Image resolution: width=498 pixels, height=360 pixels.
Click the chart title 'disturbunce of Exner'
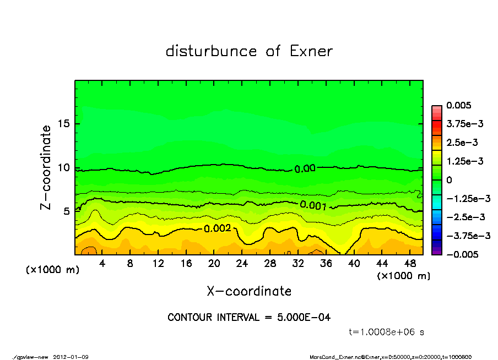[249, 52]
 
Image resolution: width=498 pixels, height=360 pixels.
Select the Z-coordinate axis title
[46, 167]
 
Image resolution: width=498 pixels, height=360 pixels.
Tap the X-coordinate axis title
[249, 291]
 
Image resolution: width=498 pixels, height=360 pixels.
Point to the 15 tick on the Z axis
[64, 124]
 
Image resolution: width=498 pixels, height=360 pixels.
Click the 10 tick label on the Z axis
[64, 167]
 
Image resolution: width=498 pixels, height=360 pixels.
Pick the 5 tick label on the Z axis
[67, 211]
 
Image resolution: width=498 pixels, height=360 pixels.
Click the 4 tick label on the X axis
[102, 264]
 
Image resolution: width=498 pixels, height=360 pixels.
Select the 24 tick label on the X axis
[242, 264]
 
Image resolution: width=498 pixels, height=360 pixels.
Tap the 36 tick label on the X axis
[326, 264]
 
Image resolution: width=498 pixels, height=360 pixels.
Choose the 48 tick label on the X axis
[410, 264]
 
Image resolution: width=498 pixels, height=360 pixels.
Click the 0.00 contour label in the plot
[305, 169]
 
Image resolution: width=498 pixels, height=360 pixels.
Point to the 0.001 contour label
[313, 206]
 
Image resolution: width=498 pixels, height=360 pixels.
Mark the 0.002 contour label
[218, 228]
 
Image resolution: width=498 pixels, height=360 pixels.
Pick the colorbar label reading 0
[449, 180]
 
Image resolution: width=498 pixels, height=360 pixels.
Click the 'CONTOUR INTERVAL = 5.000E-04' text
[249, 317]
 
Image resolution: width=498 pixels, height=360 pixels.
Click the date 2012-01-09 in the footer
[71, 357]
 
